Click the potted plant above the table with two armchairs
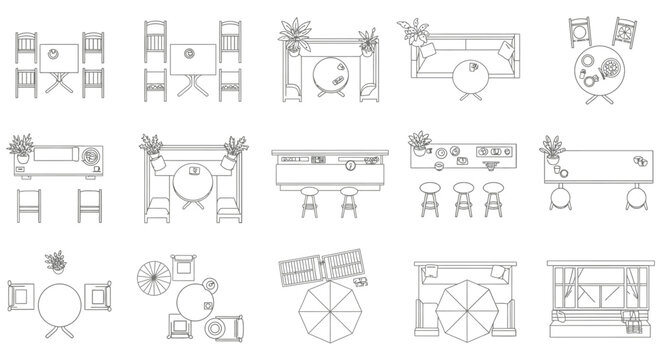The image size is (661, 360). coord(56,262)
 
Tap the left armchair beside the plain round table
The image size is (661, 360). coord(20,297)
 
